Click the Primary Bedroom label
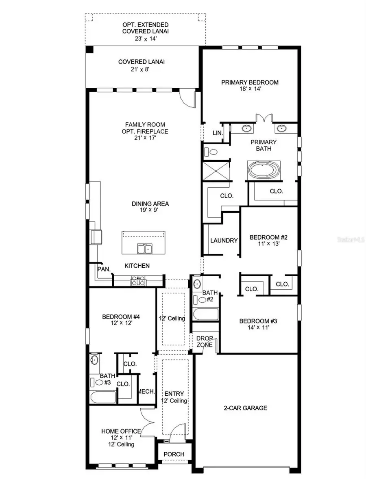point(250,82)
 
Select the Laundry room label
point(224,241)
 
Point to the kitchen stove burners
point(138,280)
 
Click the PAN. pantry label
point(102,269)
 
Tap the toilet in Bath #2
point(200,299)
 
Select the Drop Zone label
point(205,342)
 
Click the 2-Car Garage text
point(245,408)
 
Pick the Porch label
point(174,454)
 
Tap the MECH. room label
point(147,392)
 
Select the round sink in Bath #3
point(94,360)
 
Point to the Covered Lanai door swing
point(189,98)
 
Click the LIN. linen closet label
point(218,133)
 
